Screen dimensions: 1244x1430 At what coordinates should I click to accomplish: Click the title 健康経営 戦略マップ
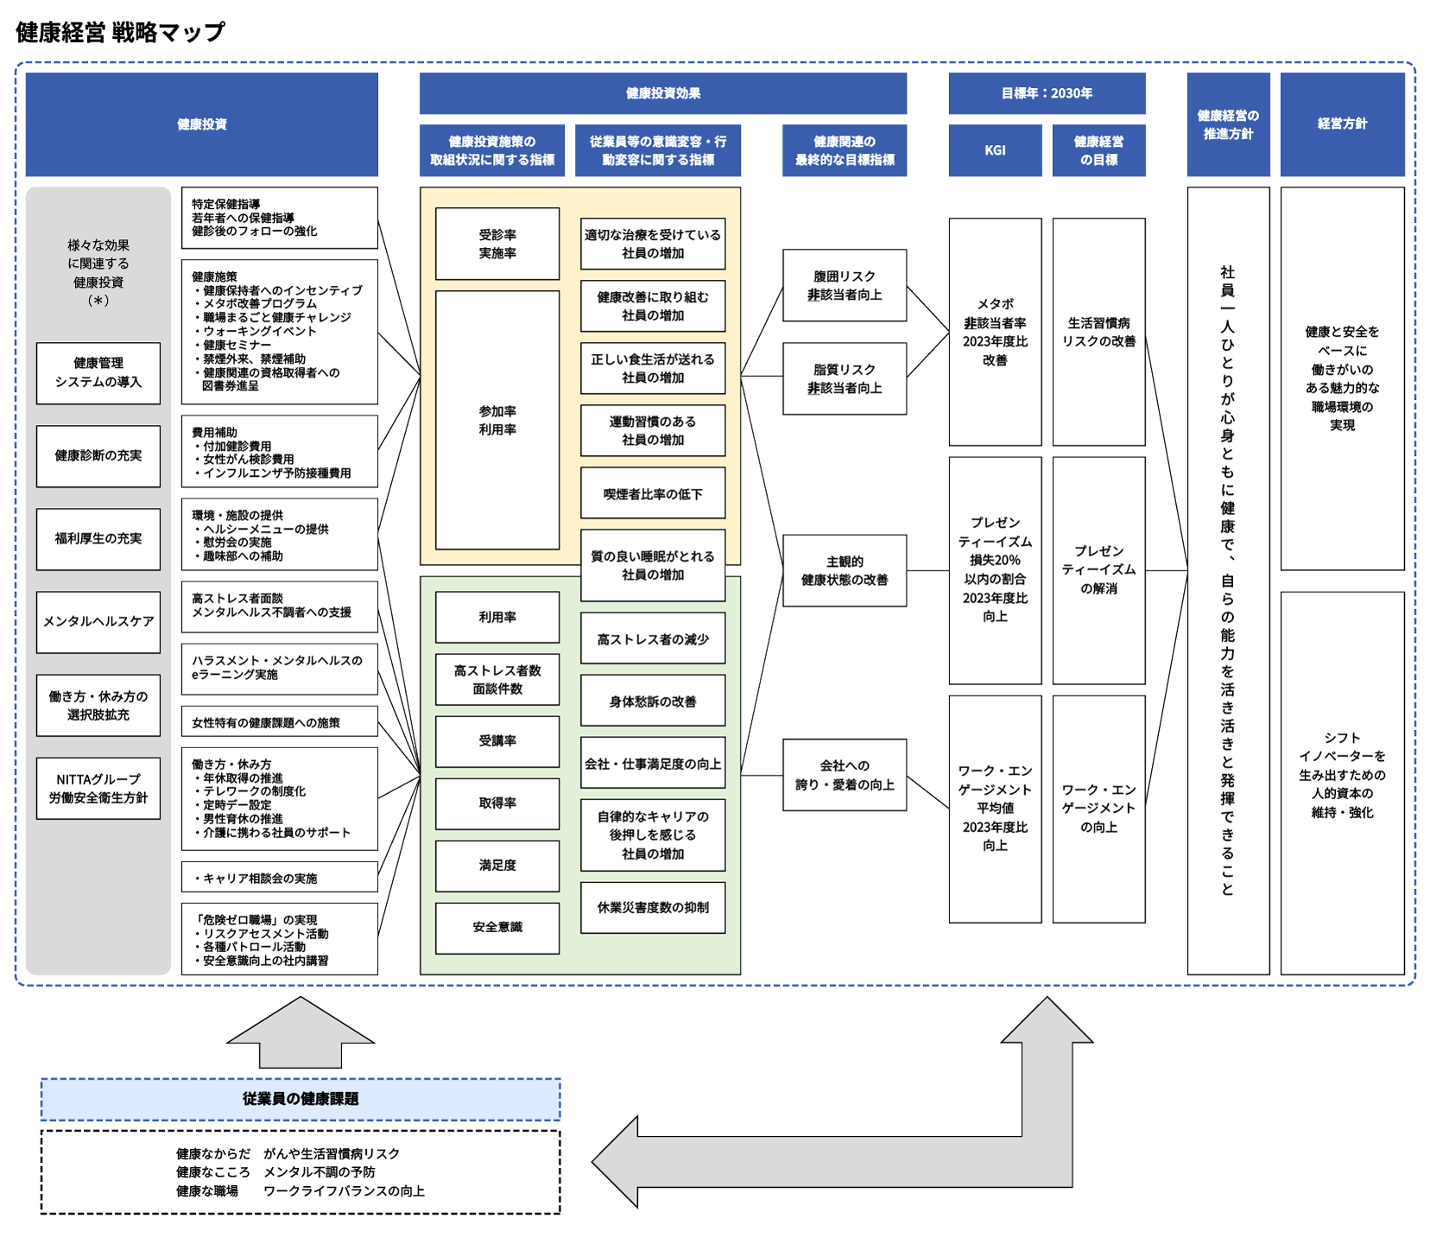[120, 33]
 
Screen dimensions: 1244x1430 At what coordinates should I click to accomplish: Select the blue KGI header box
[995, 150]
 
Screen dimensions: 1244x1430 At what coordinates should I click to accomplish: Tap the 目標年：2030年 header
[1047, 93]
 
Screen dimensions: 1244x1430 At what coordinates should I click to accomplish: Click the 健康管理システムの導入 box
[98, 373]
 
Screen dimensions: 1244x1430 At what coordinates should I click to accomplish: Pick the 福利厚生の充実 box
[98, 539]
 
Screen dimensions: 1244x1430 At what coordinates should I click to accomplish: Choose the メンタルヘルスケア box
[98, 622]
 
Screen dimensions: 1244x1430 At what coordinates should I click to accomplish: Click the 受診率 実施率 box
[497, 244]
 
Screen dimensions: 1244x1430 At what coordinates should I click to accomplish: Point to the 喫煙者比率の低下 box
[653, 493]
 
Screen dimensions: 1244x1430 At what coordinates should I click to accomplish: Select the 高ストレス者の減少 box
[653, 638]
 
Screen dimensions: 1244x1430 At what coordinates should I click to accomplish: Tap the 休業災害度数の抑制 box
[653, 907]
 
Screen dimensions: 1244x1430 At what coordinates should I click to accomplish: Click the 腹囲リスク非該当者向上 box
[845, 285]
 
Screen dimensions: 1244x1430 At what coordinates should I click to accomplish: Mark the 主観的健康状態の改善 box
[845, 570]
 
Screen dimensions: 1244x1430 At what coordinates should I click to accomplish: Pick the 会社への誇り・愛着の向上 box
[845, 775]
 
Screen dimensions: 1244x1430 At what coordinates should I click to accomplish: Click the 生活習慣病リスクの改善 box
[1098, 332]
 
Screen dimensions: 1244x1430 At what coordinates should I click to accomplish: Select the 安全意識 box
[497, 928]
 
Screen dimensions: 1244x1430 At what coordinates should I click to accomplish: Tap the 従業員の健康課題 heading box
[301, 1099]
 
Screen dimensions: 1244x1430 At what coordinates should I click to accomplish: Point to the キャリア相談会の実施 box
[280, 877]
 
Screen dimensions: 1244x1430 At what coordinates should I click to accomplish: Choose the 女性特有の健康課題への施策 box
[280, 721]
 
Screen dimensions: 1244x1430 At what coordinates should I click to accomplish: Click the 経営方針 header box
[1342, 124]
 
